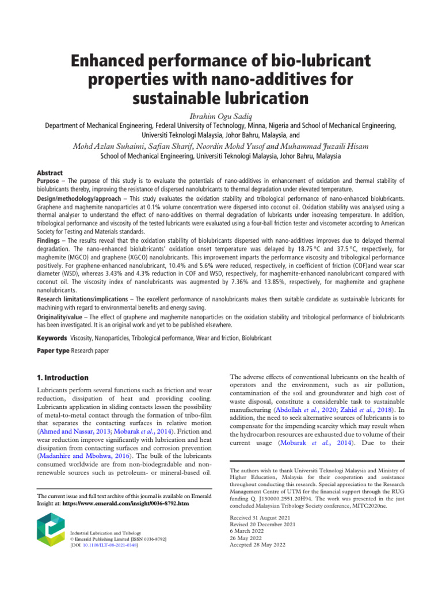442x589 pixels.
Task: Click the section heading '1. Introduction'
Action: click(x=62, y=378)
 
